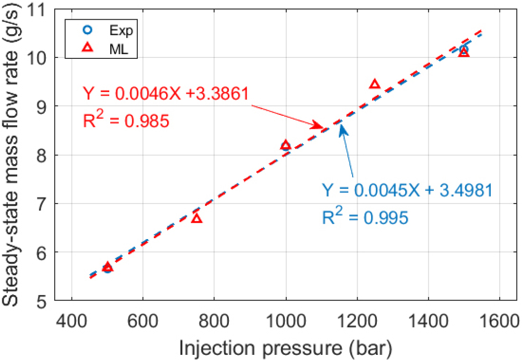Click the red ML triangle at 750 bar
tap(197, 218)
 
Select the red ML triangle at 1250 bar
tap(374, 84)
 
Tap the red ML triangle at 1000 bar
tap(286, 145)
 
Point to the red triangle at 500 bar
tap(108, 267)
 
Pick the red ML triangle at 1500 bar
tap(464, 52)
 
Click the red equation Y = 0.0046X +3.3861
tap(168, 93)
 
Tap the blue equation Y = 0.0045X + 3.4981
tap(407, 191)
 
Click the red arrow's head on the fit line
tap(320, 126)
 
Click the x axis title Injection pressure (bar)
tap(286, 347)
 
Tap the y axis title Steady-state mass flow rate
tap(13, 154)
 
